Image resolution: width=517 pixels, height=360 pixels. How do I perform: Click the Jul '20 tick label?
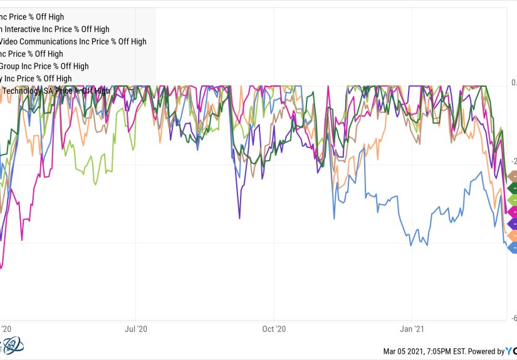[x=136, y=328]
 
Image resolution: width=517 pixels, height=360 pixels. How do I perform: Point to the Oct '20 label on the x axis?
[x=274, y=328]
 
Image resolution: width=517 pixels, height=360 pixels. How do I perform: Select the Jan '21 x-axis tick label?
[x=412, y=328]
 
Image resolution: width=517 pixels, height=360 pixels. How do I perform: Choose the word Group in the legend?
[x=12, y=66]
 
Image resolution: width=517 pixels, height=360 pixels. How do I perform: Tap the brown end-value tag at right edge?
[x=512, y=176]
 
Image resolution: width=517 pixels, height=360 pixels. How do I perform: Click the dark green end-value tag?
[x=512, y=188]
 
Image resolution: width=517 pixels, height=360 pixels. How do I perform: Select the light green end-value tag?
[x=512, y=200]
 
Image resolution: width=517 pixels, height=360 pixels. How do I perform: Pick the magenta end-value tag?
[x=512, y=212]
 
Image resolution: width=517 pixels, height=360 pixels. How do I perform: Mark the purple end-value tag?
[x=512, y=224]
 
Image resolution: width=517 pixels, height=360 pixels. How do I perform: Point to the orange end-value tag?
[x=512, y=235]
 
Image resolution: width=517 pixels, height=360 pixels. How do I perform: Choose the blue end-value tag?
[x=512, y=247]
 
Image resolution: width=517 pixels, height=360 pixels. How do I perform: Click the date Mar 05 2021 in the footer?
[x=405, y=351]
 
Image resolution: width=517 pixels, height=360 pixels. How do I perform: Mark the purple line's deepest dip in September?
[x=239, y=218]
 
